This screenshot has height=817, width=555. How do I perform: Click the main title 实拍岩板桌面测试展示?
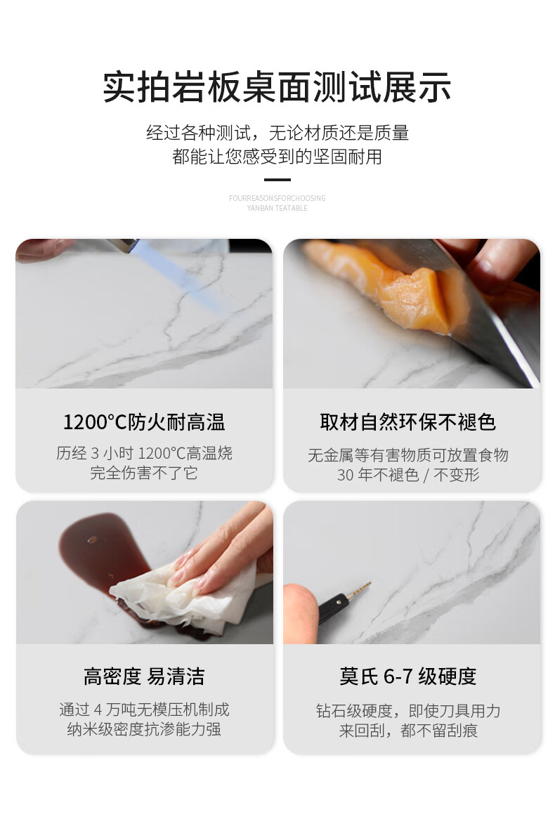coord(277,87)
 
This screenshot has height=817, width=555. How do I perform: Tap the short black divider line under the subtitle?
coord(277,180)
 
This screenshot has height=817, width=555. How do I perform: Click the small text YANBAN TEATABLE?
coord(277,208)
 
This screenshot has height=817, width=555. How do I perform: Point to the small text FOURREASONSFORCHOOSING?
coord(277,198)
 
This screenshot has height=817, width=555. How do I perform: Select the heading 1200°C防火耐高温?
coord(144,422)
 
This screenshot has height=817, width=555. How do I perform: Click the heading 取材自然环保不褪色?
coord(408,422)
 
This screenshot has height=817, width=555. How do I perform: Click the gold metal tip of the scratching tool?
coord(358,591)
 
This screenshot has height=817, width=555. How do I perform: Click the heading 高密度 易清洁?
coord(144,677)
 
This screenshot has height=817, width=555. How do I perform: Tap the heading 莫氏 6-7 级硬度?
coord(408,677)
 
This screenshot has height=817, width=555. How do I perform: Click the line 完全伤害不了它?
coord(144,473)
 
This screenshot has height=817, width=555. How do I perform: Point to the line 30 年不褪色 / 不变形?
coord(408,475)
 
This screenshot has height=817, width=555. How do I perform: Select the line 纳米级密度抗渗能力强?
coord(144,729)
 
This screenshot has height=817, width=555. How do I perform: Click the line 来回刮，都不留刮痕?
coord(408,731)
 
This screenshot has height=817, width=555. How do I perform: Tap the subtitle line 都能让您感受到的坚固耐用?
coord(277,157)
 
